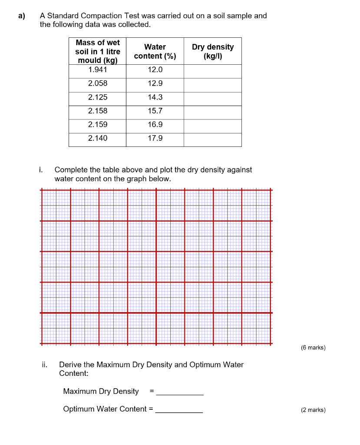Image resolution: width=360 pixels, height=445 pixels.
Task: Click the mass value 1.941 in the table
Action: click(x=97, y=70)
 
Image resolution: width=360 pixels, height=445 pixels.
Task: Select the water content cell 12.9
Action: click(x=155, y=83)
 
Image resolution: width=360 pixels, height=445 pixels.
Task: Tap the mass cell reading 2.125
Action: click(x=97, y=97)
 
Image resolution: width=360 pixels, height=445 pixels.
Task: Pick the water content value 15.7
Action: click(x=155, y=111)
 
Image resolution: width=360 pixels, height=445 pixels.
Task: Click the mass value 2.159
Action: click(x=97, y=124)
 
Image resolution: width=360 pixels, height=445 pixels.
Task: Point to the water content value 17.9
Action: click(x=155, y=138)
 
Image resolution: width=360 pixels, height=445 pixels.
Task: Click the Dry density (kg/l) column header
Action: click(x=212, y=51)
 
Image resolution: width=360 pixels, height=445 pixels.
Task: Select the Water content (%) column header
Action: click(x=155, y=51)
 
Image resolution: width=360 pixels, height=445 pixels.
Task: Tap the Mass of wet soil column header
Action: click(x=97, y=51)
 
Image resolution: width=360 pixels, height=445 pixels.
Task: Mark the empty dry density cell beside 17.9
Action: click(x=212, y=139)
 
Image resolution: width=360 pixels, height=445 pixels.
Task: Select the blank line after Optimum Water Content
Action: click(x=179, y=410)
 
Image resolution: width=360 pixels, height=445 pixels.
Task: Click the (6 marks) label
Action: click(x=313, y=348)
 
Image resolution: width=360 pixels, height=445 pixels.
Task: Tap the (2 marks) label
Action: click(x=313, y=410)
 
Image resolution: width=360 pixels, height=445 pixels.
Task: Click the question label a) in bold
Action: click(x=22, y=16)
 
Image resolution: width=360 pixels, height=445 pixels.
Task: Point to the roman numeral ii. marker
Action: click(x=45, y=365)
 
